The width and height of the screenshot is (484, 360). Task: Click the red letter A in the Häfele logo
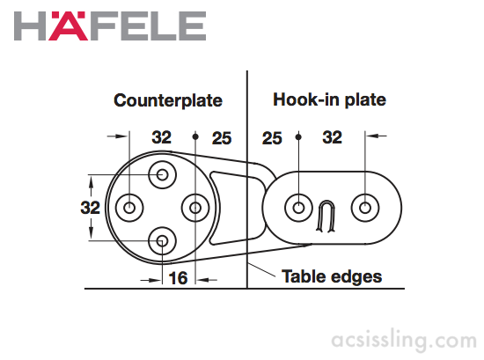point(68,26)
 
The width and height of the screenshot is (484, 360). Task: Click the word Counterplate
point(168,100)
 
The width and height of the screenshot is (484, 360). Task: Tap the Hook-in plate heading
point(329,100)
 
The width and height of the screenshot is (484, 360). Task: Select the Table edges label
point(332,276)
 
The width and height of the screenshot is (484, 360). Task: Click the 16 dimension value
point(178,278)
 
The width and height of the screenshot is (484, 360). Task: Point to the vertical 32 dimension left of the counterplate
point(90,208)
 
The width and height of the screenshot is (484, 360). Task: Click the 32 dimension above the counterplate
point(161,137)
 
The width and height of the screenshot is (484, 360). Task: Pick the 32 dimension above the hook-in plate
point(332,137)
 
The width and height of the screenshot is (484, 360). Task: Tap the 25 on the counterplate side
point(222,138)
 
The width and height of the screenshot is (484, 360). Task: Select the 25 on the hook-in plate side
point(272,138)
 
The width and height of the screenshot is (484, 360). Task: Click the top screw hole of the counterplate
point(163,175)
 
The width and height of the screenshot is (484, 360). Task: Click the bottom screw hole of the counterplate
point(163,241)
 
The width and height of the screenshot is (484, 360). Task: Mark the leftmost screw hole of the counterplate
point(129,208)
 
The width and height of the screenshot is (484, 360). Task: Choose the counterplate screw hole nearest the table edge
point(195,208)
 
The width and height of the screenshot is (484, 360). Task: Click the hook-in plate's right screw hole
point(365,208)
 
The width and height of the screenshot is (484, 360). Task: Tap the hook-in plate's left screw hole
point(298,208)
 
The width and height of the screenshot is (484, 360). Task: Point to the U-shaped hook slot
point(326,202)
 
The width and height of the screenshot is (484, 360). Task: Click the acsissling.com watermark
point(404,341)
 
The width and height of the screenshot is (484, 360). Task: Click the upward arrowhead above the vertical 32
point(91,183)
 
